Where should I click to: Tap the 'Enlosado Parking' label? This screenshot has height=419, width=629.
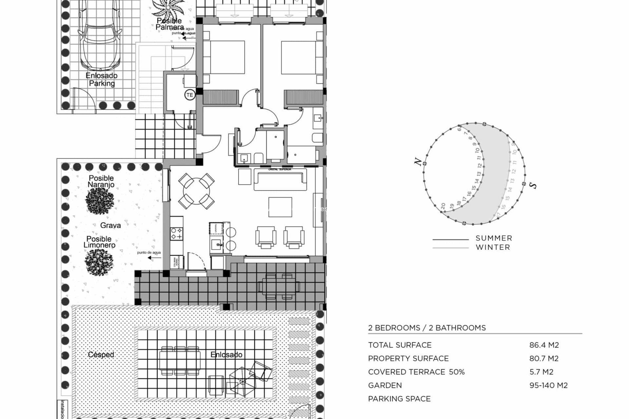[x=102, y=80]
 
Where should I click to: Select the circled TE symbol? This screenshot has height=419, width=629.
[x=190, y=95]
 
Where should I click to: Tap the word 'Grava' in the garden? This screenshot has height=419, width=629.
[x=110, y=225]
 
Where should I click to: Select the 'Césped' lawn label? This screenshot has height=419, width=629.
[x=101, y=355]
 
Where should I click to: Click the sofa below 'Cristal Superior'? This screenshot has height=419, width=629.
[x=279, y=180]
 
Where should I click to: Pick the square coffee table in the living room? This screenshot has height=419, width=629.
[x=280, y=207]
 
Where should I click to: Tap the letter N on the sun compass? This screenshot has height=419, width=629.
[x=417, y=161]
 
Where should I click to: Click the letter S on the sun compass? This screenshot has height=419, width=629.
[x=534, y=186]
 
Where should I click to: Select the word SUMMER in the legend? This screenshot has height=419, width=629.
[x=494, y=238]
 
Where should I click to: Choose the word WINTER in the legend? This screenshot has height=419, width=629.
[x=493, y=247]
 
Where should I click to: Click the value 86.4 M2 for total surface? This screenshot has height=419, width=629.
[x=544, y=345]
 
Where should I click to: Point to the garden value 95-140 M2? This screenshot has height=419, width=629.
[x=548, y=385]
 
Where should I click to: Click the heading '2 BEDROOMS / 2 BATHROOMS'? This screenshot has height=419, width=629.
[x=427, y=328]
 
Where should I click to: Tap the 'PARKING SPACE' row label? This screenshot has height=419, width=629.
[x=399, y=399]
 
